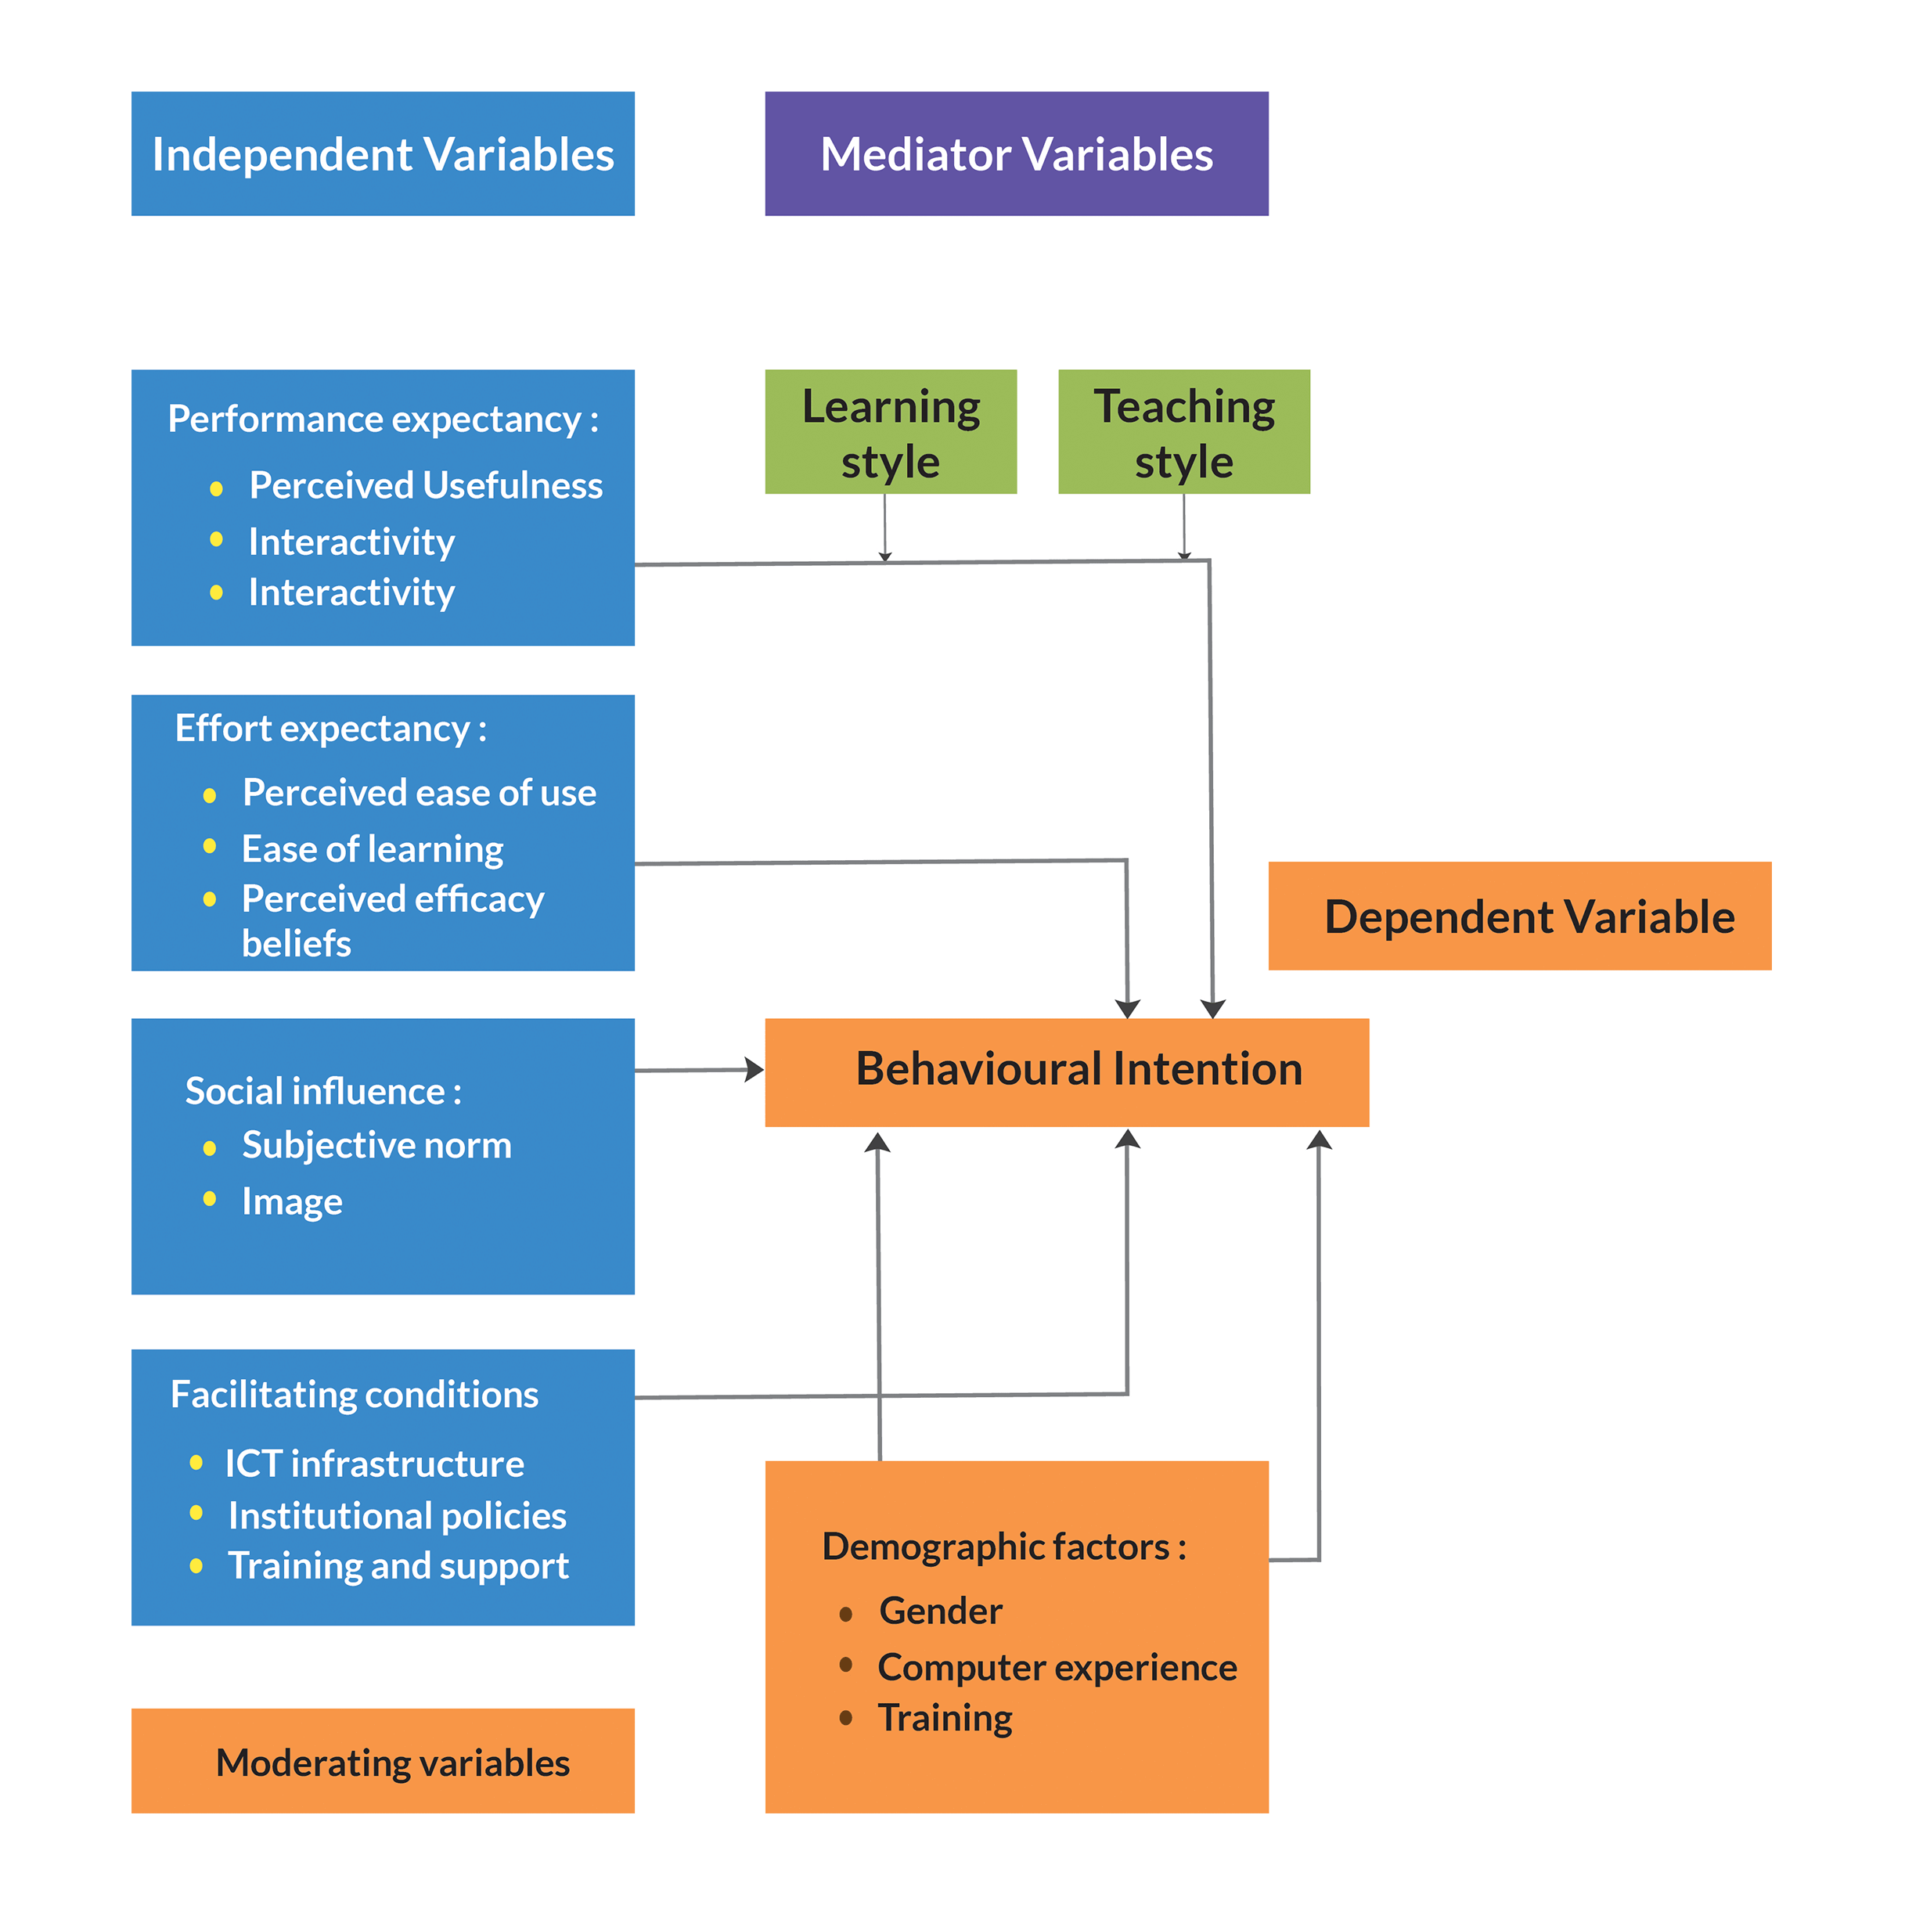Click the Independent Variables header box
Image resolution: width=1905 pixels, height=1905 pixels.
point(383,154)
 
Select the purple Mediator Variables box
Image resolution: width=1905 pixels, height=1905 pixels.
point(1016,154)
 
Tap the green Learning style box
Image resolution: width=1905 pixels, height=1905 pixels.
point(891,432)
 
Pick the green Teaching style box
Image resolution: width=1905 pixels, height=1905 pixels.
point(1183,432)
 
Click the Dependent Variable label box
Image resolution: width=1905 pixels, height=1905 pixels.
point(1519,916)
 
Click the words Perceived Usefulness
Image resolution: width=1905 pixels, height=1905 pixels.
point(425,485)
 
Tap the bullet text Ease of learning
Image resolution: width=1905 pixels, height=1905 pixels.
point(372,849)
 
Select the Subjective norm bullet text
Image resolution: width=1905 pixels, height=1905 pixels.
point(376,1145)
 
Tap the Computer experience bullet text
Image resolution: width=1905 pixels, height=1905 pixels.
point(1057,1667)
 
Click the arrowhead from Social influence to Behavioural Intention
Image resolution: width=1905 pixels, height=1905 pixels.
point(754,1069)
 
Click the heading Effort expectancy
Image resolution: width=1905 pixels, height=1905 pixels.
point(330,729)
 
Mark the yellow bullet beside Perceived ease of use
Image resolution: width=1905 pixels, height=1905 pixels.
point(209,794)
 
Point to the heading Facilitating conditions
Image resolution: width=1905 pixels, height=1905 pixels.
point(354,1394)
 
